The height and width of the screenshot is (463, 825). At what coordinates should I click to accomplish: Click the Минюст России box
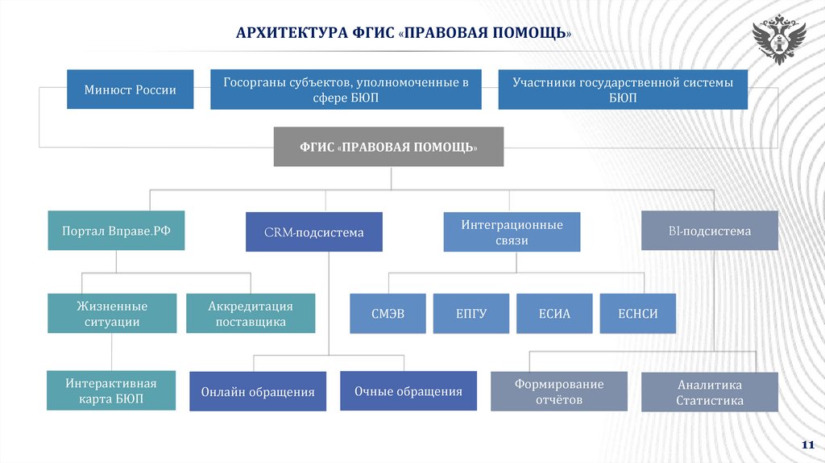(131, 90)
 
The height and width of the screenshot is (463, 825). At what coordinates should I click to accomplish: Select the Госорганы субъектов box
(346, 90)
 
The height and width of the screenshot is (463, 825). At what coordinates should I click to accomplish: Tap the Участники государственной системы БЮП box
(623, 90)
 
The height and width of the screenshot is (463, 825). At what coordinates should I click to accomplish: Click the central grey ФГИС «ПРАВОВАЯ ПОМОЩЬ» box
(388, 148)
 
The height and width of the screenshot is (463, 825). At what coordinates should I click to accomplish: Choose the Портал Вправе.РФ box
(112, 231)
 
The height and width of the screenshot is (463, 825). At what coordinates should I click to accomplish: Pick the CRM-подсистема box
(313, 232)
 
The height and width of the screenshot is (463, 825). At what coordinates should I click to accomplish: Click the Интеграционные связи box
(512, 232)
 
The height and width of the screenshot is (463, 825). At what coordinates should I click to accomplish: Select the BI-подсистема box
(709, 231)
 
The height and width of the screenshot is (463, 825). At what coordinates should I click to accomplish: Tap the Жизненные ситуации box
(112, 314)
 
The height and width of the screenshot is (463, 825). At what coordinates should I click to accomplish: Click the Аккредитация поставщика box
(251, 314)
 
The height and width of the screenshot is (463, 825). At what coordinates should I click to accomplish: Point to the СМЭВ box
(388, 314)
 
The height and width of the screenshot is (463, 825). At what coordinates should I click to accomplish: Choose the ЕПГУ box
(471, 314)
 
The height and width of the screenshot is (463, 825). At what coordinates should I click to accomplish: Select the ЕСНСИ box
(636, 314)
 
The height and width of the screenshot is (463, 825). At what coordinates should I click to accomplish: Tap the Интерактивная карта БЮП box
(112, 390)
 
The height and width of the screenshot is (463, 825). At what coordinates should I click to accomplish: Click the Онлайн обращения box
(258, 392)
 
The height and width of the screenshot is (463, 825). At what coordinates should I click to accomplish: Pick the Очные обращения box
(408, 391)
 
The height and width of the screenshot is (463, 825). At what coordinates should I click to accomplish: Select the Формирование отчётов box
(558, 391)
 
